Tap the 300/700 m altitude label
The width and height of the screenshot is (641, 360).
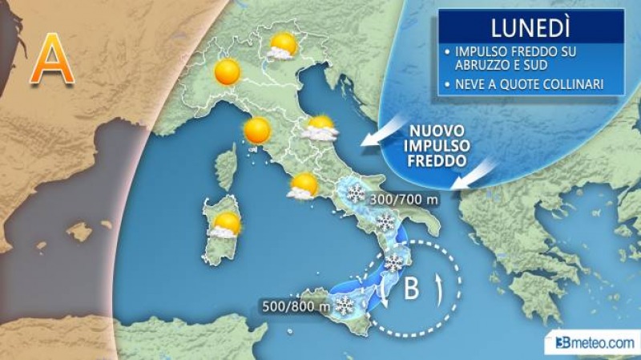(404, 199)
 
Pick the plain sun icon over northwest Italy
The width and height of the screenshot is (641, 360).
(228, 72)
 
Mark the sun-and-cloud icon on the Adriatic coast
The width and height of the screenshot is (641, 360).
(320, 127)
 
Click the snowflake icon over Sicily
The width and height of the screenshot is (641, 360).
(345, 305)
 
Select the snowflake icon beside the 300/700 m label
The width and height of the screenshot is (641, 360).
(353, 192)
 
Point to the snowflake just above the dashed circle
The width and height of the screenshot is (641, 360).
(393, 262)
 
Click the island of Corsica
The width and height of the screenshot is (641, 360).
(227, 168)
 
